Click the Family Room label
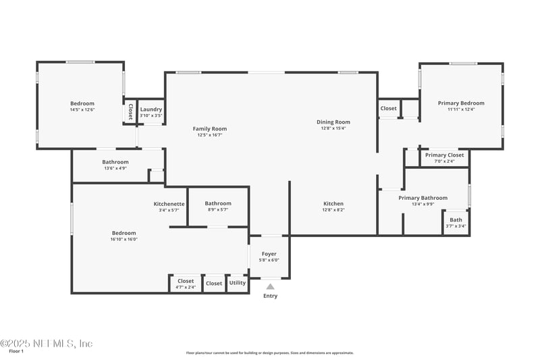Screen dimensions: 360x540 (209, 128)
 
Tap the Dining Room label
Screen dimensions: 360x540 (333, 122)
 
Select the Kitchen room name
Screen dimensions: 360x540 (333, 203)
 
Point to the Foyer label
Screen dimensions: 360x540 (269, 253)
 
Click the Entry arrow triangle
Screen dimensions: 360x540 (270, 286)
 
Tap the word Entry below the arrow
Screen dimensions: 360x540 (270, 296)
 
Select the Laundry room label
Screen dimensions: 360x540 (151, 109)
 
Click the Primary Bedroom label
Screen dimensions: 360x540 (461, 103)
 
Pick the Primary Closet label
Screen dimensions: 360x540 (444, 155)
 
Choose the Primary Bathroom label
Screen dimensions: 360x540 (423, 198)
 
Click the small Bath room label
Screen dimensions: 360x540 (456, 220)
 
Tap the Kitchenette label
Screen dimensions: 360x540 (169, 203)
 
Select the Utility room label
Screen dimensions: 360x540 (238, 283)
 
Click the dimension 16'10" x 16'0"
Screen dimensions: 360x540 (124, 239)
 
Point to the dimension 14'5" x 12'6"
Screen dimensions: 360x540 (82, 109)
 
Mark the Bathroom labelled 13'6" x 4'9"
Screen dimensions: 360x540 (115, 162)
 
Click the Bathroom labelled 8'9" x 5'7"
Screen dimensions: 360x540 (218, 203)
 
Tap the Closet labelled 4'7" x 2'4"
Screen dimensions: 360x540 (186, 281)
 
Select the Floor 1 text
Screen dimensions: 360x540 (16, 351)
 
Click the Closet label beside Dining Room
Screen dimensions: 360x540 (388, 108)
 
